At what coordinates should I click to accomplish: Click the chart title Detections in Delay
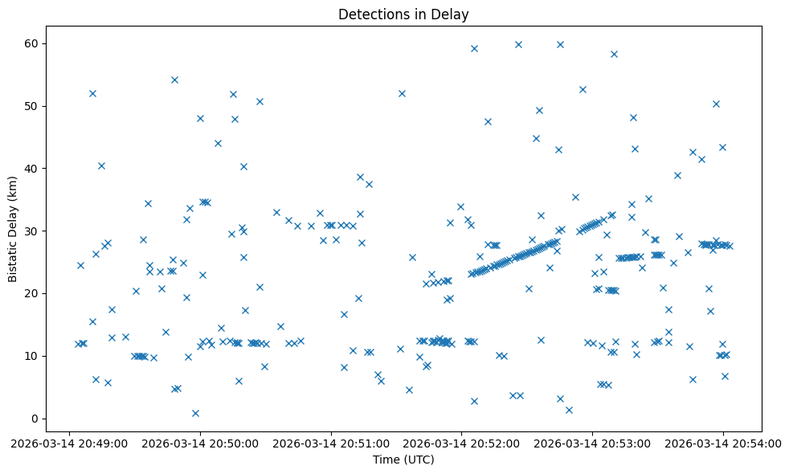403,14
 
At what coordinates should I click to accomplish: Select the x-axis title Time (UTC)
403,460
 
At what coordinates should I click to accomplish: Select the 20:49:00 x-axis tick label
69,443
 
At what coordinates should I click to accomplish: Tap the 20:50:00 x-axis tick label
200,443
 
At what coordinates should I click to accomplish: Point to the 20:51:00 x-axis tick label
331,443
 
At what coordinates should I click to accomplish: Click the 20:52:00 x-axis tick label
462,443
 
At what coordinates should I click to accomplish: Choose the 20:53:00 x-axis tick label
593,443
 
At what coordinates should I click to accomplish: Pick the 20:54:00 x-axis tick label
723,443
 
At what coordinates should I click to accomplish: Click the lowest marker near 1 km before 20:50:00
195,413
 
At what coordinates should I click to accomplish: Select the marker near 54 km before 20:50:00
174,80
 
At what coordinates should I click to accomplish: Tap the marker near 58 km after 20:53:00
614,54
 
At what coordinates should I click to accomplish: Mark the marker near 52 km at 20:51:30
402,93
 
